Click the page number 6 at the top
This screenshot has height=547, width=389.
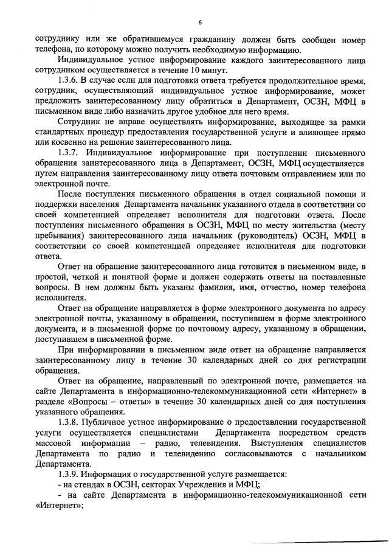(199, 23)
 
